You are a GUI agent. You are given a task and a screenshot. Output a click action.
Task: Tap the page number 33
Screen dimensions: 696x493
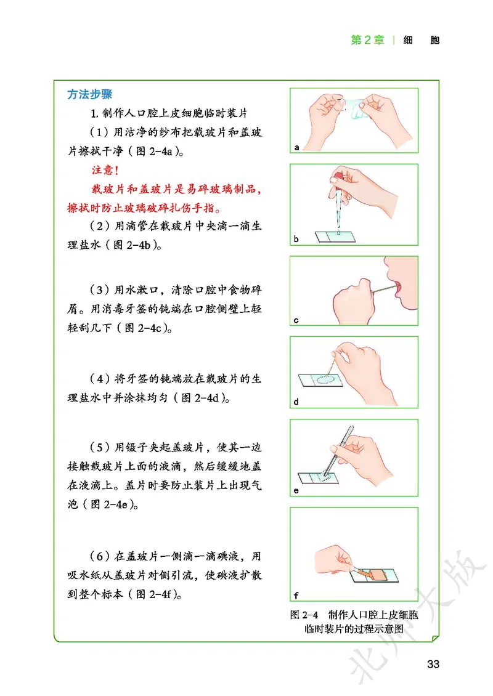tap(433, 664)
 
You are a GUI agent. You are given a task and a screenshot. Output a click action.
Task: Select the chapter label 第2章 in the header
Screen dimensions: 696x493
tap(367, 40)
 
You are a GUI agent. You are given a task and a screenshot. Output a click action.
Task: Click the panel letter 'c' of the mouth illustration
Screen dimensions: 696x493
tap(296, 320)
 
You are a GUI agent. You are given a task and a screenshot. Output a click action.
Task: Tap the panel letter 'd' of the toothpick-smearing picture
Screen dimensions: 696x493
tap(296, 403)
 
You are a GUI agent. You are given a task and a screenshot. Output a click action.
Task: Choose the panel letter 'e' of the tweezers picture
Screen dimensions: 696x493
tap(296, 491)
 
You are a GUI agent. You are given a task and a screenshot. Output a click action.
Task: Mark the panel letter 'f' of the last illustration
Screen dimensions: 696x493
tap(296, 596)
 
